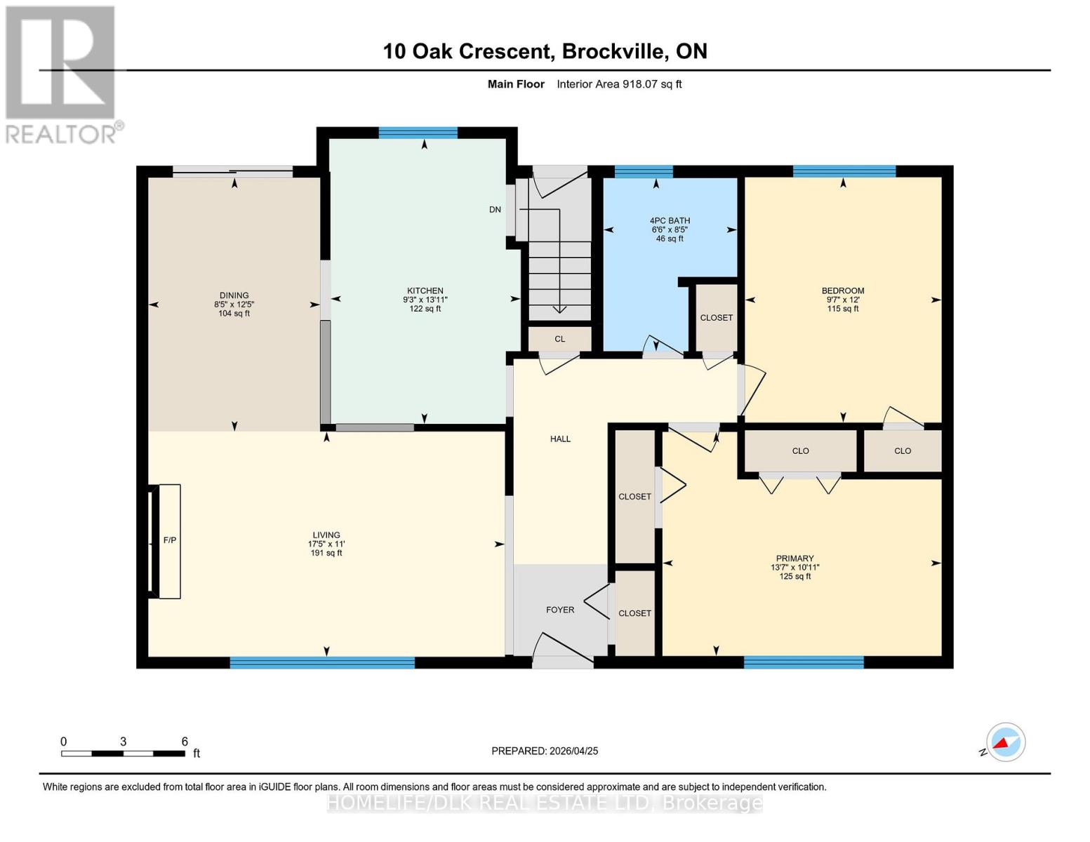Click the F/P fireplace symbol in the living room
pos(169,540)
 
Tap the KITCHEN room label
pos(425,290)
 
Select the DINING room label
pos(234,295)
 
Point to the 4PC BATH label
pos(670,220)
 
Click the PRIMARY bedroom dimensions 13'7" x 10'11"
pos(795,568)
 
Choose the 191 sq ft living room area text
pos(326,553)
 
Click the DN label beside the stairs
pos(495,209)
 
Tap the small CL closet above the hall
pos(559,339)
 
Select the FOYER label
pos(560,610)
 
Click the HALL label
pos(560,439)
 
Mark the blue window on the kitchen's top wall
pos(418,133)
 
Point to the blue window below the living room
pos(322,662)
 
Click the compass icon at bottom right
pos(1005,742)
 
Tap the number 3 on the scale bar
pos(123,742)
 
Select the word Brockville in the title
pos(613,51)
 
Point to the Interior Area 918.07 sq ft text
pos(619,84)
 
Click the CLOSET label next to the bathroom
pos(716,318)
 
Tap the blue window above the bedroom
pos(844,171)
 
